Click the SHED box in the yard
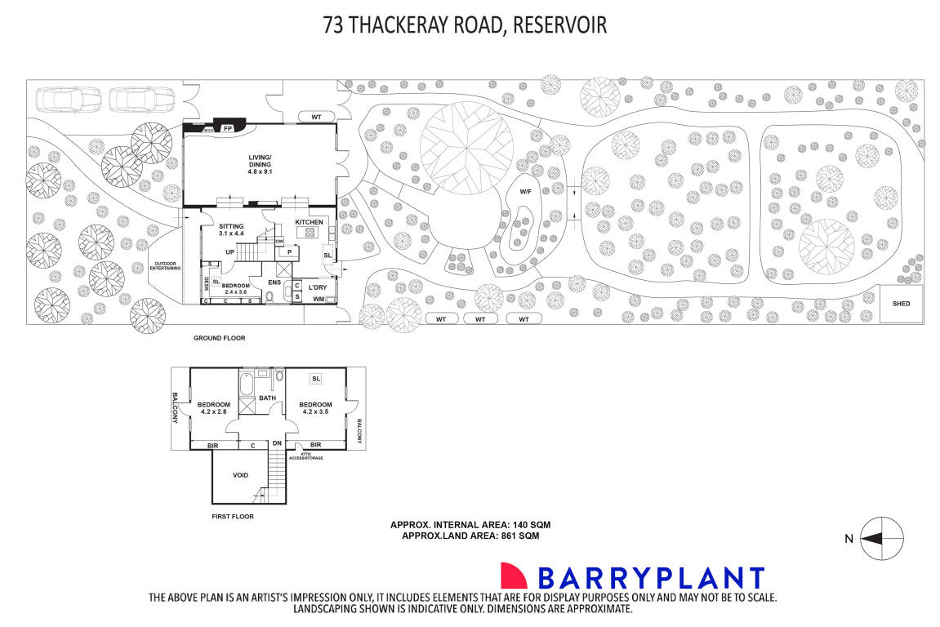pos(901,304)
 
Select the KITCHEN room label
pos(310,222)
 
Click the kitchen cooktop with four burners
pos(311,233)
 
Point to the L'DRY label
pos(318,287)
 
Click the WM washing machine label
pos(319,300)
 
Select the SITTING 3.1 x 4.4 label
pos(232,229)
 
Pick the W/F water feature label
pos(526,192)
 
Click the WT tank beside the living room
pos(316,118)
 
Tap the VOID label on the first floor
pos(240,474)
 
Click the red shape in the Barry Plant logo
pos(515,576)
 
